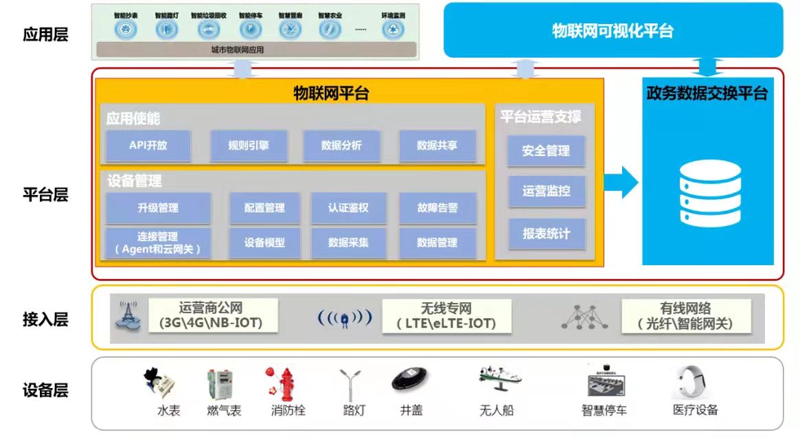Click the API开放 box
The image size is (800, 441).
coord(148,146)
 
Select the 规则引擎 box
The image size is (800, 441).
coord(249,146)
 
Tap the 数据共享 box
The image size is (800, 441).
coord(437,146)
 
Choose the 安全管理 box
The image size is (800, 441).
coord(546,151)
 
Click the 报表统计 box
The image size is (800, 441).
coord(546,234)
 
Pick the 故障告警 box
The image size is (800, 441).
coord(437,207)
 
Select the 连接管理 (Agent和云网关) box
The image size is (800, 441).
coord(158,242)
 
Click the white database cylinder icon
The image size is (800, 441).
coord(710,194)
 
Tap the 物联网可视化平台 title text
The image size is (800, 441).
coord(613,31)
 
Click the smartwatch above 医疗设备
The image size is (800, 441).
coord(694,381)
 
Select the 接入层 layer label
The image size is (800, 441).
coord(45,319)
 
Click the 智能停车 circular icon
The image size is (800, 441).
coord(250,29)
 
